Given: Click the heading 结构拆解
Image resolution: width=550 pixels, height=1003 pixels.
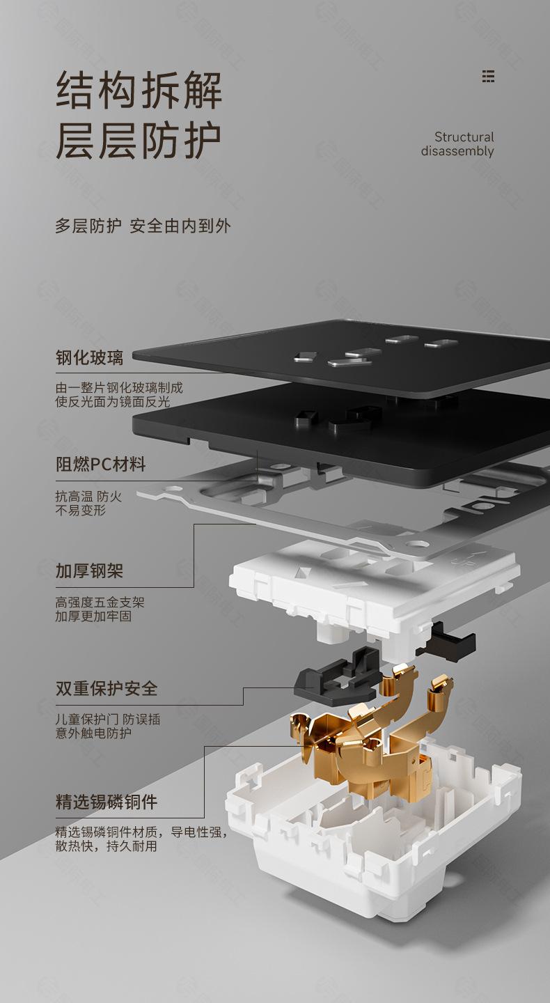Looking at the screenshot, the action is click(x=139, y=91).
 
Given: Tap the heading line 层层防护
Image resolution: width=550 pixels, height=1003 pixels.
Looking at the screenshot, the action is click(x=139, y=140).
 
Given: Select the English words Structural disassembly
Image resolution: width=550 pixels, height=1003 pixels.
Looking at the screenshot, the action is click(x=458, y=144).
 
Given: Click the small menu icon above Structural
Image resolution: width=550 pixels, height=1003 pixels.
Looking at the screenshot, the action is click(x=488, y=77).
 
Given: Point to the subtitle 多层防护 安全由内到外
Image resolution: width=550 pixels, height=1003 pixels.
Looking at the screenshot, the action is click(x=143, y=226).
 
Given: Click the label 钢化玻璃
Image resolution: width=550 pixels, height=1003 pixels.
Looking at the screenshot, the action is click(x=89, y=358).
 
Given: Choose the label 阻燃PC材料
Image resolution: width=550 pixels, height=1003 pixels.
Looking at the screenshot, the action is click(x=101, y=465).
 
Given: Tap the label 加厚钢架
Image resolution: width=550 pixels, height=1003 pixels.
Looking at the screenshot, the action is click(x=89, y=571).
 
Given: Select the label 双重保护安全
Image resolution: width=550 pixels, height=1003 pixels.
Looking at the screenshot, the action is click(x=107, y=689).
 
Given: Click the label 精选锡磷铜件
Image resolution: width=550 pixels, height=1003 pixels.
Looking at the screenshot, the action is click(x=107, y=802).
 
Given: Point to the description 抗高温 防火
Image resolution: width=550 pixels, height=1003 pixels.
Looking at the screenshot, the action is click(x=88, y=497).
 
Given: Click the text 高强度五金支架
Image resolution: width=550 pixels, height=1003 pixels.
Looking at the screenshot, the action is click(x=100, y=602).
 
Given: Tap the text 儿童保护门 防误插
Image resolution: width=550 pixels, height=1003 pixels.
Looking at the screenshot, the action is click(x=108, y=720).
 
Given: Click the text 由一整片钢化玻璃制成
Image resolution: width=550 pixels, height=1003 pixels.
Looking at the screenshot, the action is click(x=119, y=388).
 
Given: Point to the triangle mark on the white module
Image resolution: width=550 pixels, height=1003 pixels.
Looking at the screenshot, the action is click(x=303, y=573).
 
